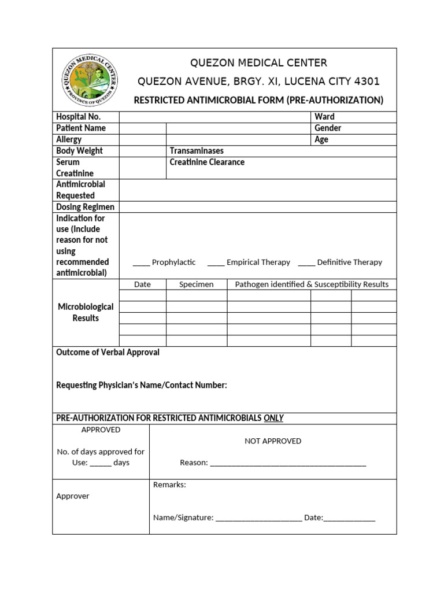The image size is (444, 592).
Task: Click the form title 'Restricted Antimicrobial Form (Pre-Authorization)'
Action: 258,100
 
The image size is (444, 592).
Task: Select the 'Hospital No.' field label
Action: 78,117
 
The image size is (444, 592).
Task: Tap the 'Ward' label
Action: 324,117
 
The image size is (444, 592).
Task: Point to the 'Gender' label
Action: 328,128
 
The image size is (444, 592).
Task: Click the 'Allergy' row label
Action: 69,139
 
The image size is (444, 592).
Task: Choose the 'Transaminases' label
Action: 197,151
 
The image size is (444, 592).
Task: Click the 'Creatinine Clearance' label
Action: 207,162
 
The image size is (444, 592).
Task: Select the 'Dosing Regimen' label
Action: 85,207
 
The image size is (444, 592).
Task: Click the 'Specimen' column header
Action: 197,284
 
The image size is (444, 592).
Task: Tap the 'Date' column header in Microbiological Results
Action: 142,284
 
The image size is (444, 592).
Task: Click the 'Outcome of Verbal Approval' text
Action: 108,352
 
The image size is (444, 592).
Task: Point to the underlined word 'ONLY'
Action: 273,418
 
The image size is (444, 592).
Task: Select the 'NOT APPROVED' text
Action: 273,441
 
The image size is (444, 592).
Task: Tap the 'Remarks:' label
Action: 169,485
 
